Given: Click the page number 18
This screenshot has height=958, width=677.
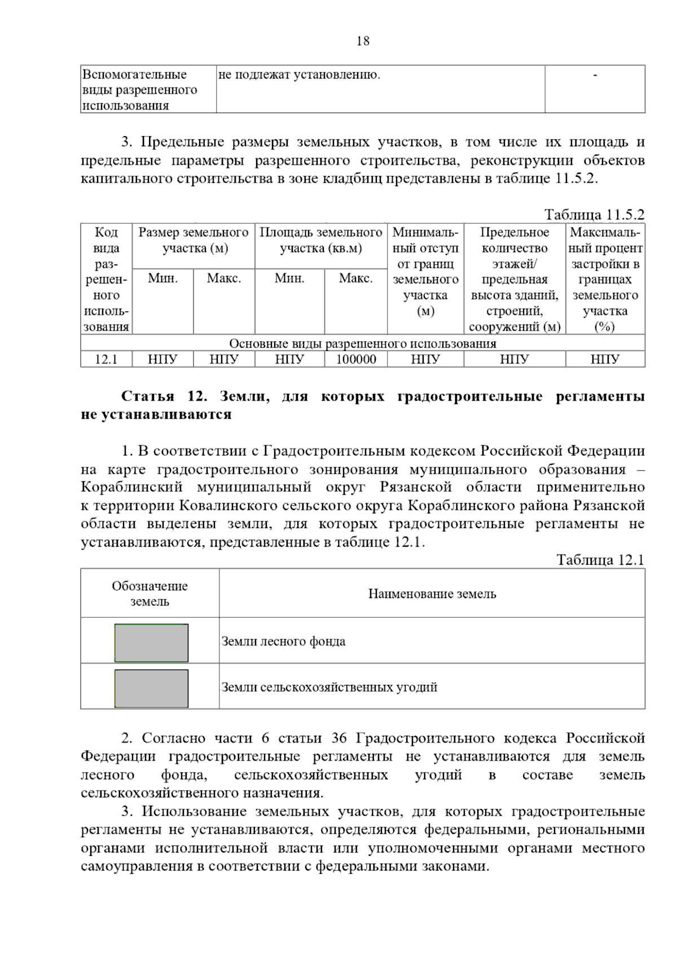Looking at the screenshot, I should (363, 41).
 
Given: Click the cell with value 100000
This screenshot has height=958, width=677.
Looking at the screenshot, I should (356, 359).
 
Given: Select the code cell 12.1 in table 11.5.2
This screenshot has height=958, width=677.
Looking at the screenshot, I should (106, 359).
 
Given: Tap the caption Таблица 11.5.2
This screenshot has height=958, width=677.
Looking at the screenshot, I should (594, 215).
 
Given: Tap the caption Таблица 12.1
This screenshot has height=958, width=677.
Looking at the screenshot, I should (600, 560).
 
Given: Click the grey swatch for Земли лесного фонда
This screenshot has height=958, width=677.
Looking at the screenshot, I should (151, 643).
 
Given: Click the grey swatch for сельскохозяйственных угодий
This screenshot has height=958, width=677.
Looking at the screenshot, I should (151, 688).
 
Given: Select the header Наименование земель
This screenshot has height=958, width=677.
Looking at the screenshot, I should (432, 594).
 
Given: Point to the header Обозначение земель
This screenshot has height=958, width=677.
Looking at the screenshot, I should (150, 594).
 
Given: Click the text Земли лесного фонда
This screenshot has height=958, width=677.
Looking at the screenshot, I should (283, 641).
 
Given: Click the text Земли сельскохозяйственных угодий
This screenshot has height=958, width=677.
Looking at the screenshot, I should (329, 687).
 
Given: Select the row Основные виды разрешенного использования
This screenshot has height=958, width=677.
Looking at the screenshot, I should (363, 344).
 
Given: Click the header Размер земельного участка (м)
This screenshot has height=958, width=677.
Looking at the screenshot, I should (194, 240).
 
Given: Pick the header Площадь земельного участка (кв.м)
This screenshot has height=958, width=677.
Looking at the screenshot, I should (320, 240).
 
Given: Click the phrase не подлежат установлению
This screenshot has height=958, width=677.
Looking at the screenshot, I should (299, 74).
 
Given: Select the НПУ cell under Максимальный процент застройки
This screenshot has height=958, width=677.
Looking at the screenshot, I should (605, 359).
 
